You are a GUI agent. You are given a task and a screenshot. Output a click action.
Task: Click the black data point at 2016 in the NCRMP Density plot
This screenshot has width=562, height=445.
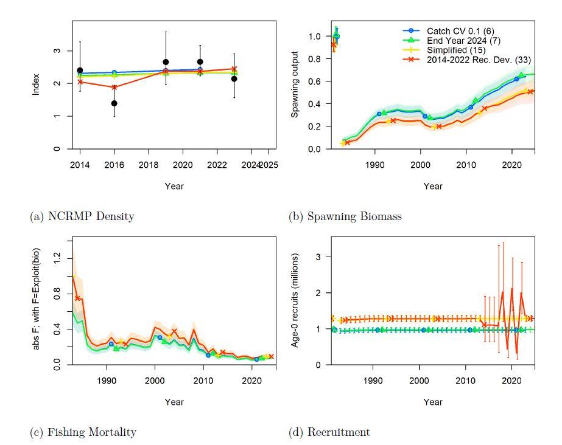[x=114, y=103]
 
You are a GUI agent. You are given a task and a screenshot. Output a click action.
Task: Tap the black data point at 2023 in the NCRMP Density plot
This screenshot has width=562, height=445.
[x=234, y=79]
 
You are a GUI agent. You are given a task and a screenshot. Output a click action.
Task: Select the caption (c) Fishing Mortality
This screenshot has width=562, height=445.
[x=83, y=432]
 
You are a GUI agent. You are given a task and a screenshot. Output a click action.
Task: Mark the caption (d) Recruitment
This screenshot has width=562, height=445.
[x=329, y=432]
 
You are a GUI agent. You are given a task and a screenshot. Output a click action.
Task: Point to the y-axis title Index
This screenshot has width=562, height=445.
[x=37, y=84]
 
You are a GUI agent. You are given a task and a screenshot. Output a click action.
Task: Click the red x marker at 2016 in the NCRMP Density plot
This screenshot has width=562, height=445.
[x=114, y=87]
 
